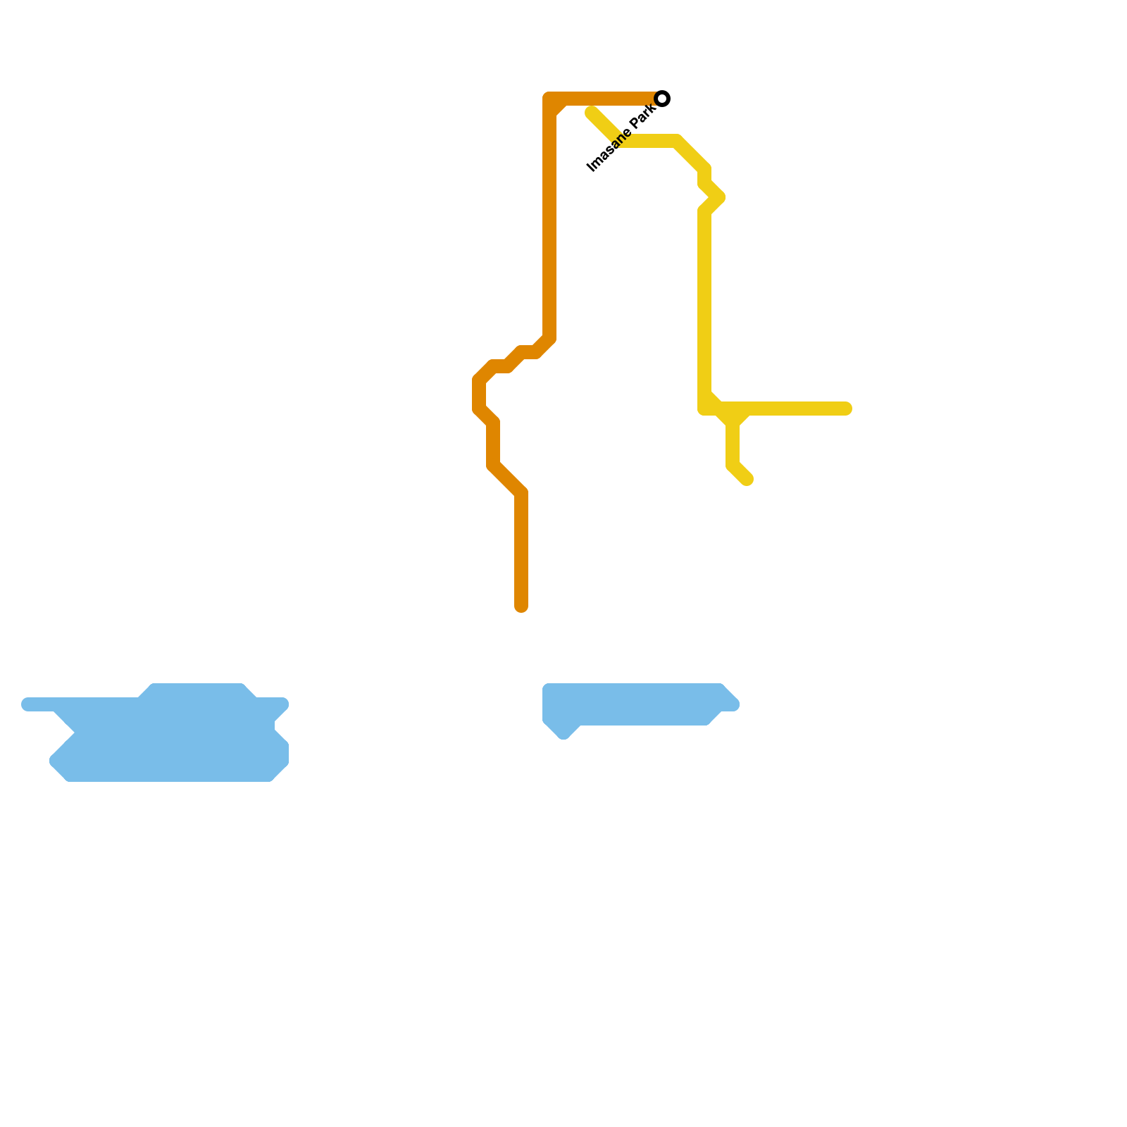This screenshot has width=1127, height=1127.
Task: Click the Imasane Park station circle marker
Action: (x=662, y=99)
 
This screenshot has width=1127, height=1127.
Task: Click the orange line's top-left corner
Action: (x=549, y=99)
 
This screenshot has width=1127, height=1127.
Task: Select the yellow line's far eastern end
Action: (x=847, y=409)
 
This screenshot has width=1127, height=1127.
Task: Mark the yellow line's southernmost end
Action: (x=747, y=480)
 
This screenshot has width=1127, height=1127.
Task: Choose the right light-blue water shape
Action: (x=634, y=704)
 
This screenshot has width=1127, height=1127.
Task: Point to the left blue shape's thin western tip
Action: (x=27, y=704)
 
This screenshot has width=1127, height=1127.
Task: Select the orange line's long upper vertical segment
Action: (x=549, y=225)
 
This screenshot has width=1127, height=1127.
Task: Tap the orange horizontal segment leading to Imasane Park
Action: (x=606, y=99)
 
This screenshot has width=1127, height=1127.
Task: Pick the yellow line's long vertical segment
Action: (x=704, y=303)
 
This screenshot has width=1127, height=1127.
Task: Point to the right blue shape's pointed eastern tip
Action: (x=735, y=704)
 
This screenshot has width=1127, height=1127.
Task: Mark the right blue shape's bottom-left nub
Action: (x=563, y=733)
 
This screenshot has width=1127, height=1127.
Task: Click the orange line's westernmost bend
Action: (x=478, y=394)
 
